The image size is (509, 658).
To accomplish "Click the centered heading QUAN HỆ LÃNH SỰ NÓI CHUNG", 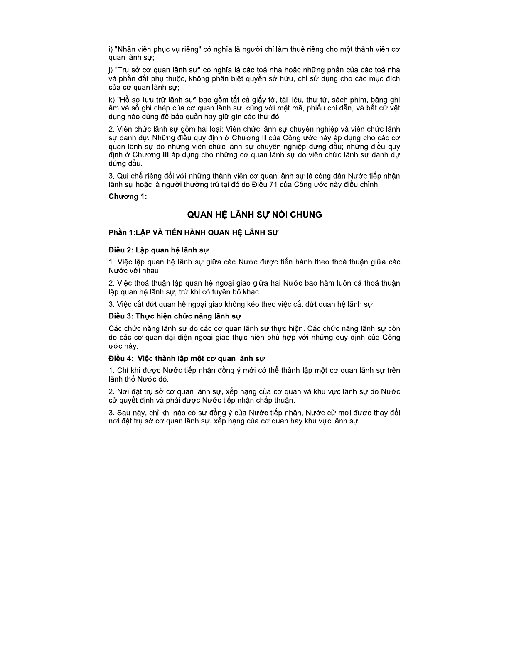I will click(254, 215).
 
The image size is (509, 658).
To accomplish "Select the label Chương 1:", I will click(128, 196).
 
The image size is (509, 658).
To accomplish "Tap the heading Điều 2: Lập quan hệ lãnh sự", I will click(159, 250).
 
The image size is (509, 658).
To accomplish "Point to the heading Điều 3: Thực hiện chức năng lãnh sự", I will click(175, 316).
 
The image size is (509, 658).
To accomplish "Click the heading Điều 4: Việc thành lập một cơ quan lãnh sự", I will click(187, 358).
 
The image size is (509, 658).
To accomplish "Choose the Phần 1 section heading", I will click(193, 232).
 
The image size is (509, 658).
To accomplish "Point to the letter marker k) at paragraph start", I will click(111, 100).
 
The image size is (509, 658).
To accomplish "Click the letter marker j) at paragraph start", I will click(111, 70).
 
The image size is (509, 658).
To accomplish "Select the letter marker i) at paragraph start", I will click(111, 49).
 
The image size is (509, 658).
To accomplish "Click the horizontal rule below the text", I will click(254, 494).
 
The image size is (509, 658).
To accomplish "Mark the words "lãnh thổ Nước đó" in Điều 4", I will click(138, 379).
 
